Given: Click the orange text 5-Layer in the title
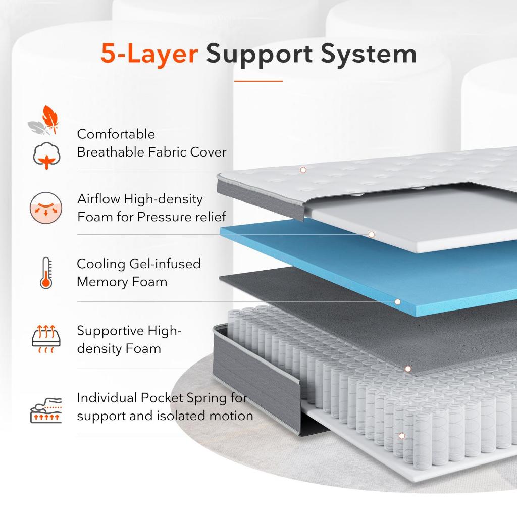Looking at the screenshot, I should [149, 54].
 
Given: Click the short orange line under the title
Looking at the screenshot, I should [258, 80].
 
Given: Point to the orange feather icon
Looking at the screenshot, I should [49, 117].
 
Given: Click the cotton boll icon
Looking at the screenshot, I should [46, 156].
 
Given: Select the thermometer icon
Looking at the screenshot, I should [46, 273].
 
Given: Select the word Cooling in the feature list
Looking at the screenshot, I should [101, 264].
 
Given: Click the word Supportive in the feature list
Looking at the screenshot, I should [110, 331].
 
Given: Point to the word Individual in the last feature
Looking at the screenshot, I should [107, 398].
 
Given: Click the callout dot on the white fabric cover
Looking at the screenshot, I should [303, 170].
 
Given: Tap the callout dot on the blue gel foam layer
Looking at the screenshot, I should [397, 302].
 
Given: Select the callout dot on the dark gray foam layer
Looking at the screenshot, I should [408, 369].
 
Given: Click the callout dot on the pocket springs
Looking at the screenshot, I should [402, 436].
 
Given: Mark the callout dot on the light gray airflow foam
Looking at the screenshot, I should [371, 234].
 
